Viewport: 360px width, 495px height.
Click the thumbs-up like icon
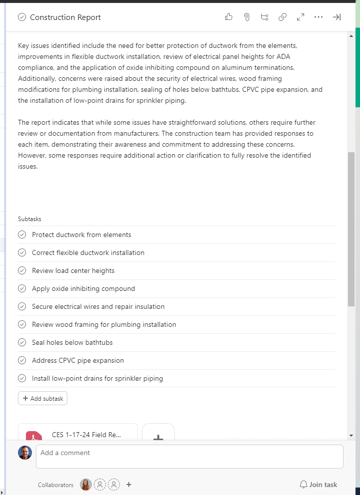(229, 17)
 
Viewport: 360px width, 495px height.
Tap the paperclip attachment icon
(247, 17)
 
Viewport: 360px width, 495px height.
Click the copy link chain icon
(283, 17)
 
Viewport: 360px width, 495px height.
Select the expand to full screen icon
(301, 17)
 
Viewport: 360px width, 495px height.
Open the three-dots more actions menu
(319, 17)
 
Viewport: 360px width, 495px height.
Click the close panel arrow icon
(337, 17)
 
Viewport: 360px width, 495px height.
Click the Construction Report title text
(65, 17)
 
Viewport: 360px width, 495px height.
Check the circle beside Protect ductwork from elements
(22, 235)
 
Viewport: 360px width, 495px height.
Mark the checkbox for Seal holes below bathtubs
(22, 342)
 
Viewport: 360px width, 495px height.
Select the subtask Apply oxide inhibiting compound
(83, 288)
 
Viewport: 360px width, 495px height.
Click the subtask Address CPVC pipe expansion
(78, 360)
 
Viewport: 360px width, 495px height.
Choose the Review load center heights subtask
(73, 270)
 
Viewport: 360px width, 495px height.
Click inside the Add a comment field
(189, 456)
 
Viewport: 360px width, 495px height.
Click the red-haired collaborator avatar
(86, 485)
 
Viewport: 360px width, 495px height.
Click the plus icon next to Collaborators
(129, 485)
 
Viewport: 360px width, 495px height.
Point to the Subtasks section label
(29, 219)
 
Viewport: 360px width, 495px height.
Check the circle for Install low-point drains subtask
(22, 378)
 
